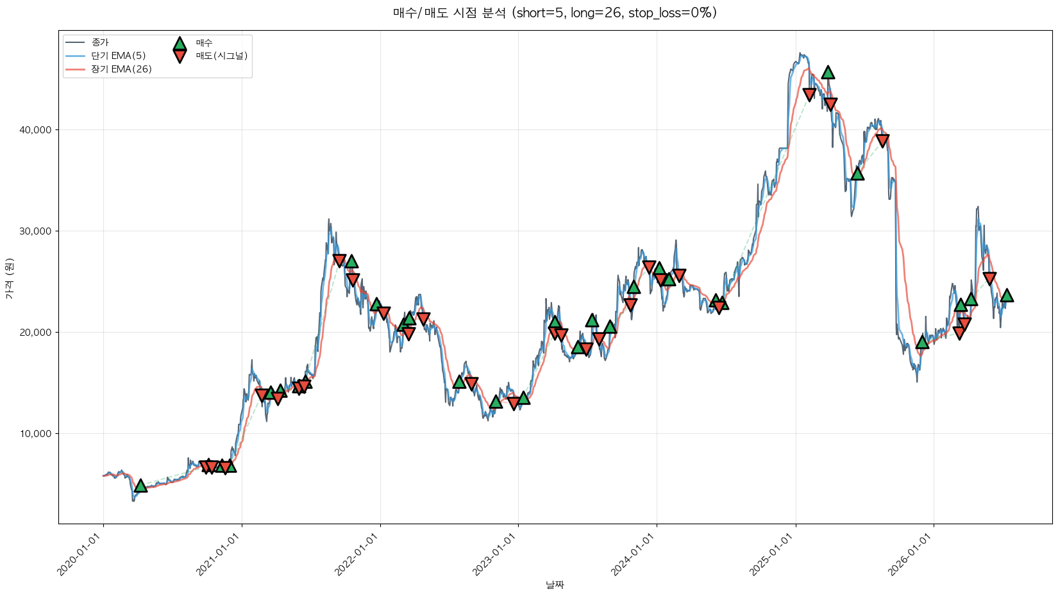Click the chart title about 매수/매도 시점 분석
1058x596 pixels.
pyautogui.click(x=555, y=13)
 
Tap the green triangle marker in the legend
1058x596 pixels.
pyautogui.click(x=180, y=44)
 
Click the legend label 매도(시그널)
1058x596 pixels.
pyautogui.click(x=222, y=56)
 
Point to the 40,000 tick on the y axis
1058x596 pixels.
pyautogui.click(x=35, y=129)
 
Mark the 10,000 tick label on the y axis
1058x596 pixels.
pyautogui.click(x=35, y=434)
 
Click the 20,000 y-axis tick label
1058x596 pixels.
pyautogui.click(x=35, y=332)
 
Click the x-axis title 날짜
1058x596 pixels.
pyautogui.click(x=555, y=585)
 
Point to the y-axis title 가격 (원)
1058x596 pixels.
pyautogui.click(x=10, y=278)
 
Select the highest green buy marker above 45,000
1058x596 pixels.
pyautogui.click(x=828, y=72)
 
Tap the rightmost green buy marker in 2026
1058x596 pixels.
pyautogui.click(x=1007, y=295)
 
